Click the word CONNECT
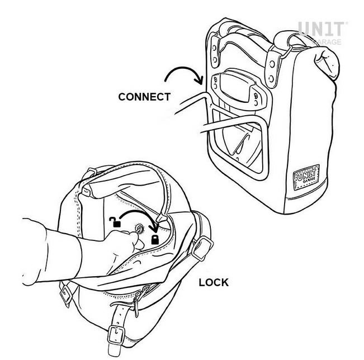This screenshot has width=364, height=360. pos(144,97)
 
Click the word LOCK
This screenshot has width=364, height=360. pos(214,282)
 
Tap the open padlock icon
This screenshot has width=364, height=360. pos(115,222)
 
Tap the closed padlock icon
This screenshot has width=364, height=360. pos(155,240)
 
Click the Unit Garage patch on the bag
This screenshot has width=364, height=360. pos(306,178)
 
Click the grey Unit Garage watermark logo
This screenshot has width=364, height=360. pos(322,32)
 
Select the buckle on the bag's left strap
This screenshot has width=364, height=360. pos(67,293)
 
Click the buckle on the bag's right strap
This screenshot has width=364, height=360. pos(202,248)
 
